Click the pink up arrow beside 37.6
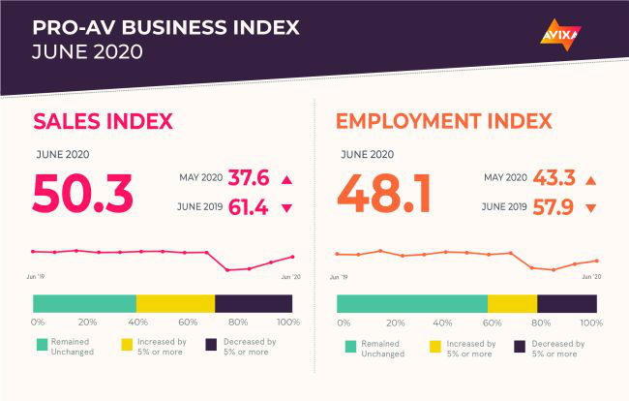[286, 179]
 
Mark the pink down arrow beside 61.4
[286, 208]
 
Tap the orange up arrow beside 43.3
[589, 179]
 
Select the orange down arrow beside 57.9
[589, 208]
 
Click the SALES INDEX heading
[103, 121]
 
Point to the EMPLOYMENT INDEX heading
[443, 121]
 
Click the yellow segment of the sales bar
[175, 303]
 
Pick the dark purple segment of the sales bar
[254, 303]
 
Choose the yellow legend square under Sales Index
[126, 345]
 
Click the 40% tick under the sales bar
[138, 322]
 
